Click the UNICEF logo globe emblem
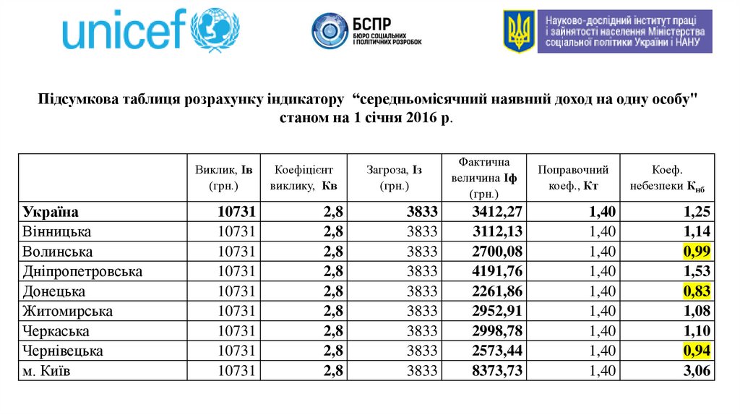point(217,30)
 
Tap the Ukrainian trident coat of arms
point(519,31)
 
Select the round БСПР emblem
point(330,30)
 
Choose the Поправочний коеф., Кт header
point(573,178)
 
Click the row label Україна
point(51,212)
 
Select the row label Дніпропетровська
point(82,272)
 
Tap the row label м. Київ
point(51,372)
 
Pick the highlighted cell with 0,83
point(697,292)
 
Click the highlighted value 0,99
point(697,252)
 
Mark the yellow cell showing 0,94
point(697,351)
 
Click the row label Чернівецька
point(63,351)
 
